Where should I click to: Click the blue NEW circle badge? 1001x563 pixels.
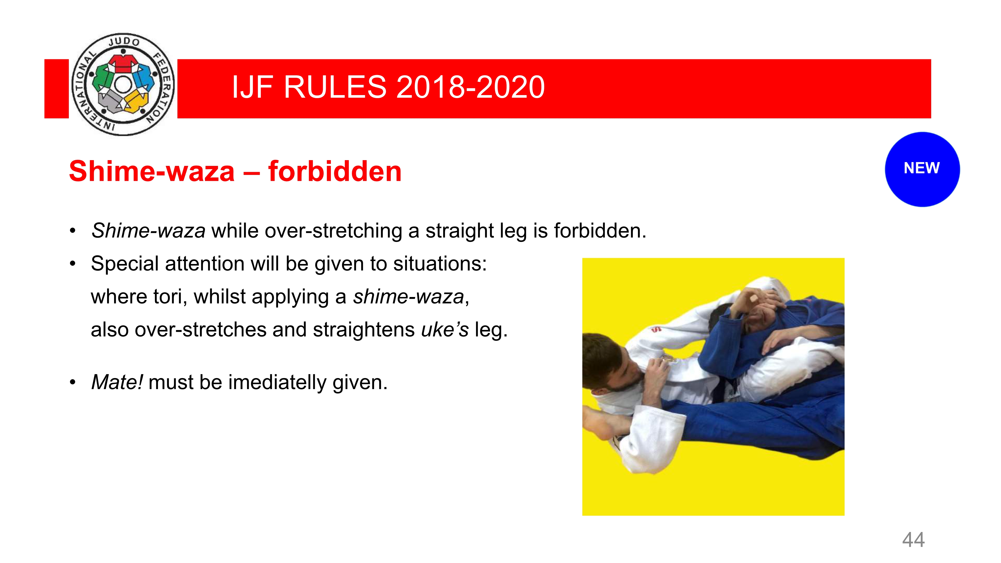pyautogui.click(x=922, y=169)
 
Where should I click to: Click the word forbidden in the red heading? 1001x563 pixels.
pyautogui.click(x=335, y=171)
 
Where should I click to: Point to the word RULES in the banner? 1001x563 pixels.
pyautogui.click(x=335, y=87)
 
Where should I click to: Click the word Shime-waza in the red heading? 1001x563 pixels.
pyautogui.click(x=152, y=171)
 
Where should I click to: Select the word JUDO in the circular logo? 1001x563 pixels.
pyautogui.click(x=124, y=42)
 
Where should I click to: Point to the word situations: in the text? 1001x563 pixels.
pyautogui.click(x=440, y=264)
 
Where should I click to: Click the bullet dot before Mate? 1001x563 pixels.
pyautogui.click(x=73, y=382)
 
